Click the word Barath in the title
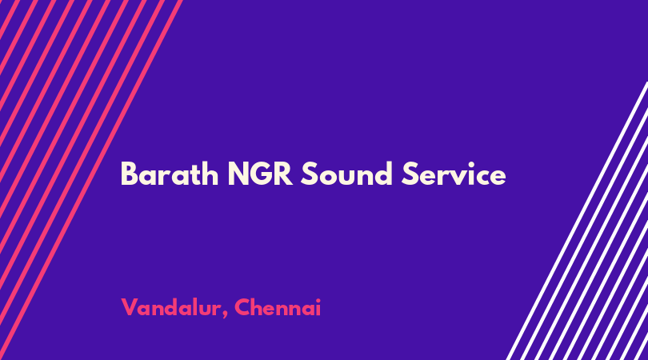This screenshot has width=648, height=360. [170, 174]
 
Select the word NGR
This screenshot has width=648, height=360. [260, 174]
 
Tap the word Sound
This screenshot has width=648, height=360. [346, 174]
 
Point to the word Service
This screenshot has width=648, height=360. [454, 174]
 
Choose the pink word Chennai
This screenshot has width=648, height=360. [278, 308]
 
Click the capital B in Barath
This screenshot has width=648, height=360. [129, 174]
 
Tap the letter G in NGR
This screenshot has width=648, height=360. [260, 174]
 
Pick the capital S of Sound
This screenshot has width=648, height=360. [309, 174]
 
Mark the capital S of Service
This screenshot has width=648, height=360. [410, 174]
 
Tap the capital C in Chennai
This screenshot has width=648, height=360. [243, 307]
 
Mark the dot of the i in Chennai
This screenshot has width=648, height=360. [318, 300]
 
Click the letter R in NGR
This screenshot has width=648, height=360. [282, 174]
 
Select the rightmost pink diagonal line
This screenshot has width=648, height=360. [90, 180]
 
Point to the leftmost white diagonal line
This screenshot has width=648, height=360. [577, 221]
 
